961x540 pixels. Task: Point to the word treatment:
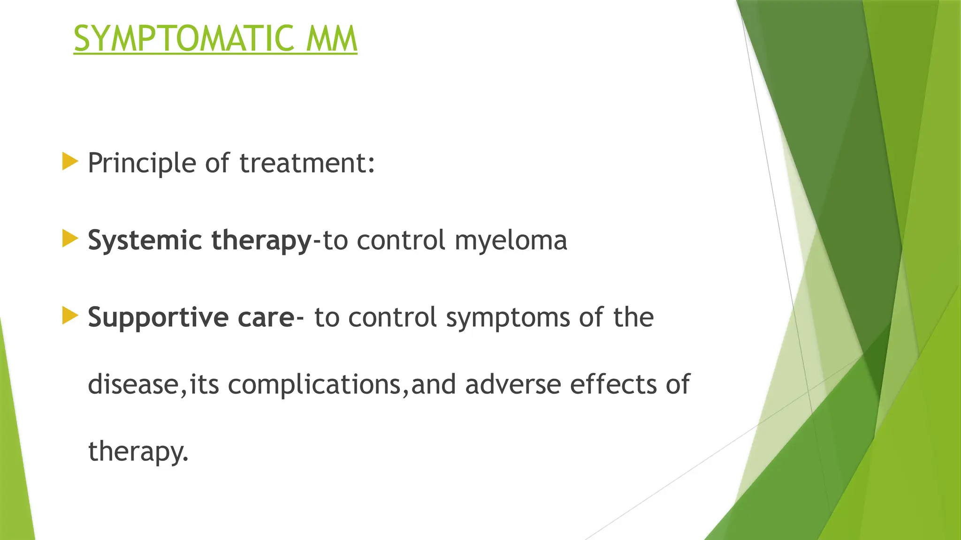coord(307,164)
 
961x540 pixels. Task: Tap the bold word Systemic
coord(144,241)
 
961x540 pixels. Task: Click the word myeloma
coord(511,241)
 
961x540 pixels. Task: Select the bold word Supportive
coord(158,318)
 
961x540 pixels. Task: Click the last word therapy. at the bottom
coord(138,452)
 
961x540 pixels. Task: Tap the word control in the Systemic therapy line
coord(401,241)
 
